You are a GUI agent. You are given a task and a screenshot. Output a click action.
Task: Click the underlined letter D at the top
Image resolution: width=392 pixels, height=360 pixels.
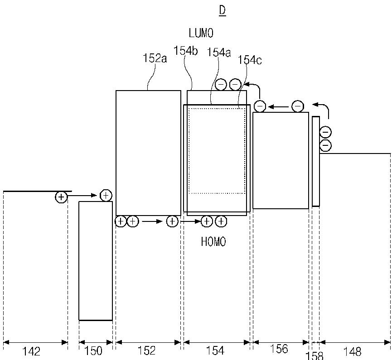[x=222, y=11]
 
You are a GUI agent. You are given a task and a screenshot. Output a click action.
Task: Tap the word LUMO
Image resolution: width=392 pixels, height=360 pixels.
[x=201, y=33]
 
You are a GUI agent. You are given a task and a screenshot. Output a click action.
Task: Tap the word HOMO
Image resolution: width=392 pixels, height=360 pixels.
[x=213, y=241]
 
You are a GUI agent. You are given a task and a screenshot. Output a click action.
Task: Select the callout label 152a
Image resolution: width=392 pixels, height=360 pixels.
[x=155, y=58]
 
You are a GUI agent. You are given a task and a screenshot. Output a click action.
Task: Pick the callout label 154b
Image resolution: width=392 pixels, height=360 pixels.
[x=186, y=51]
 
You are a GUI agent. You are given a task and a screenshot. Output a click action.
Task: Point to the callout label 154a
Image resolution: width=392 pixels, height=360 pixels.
[x=219, y=52]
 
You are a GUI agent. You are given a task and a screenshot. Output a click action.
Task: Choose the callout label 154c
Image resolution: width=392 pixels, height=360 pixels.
[x=250, y=60]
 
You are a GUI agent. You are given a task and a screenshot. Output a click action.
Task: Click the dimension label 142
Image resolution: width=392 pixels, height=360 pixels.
[x=31, y=351]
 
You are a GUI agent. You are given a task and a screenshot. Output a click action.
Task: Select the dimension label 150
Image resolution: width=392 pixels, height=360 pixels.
[x=93, y=351]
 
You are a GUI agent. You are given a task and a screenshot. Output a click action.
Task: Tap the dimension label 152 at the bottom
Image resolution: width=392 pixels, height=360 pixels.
[x=147, y=350]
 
